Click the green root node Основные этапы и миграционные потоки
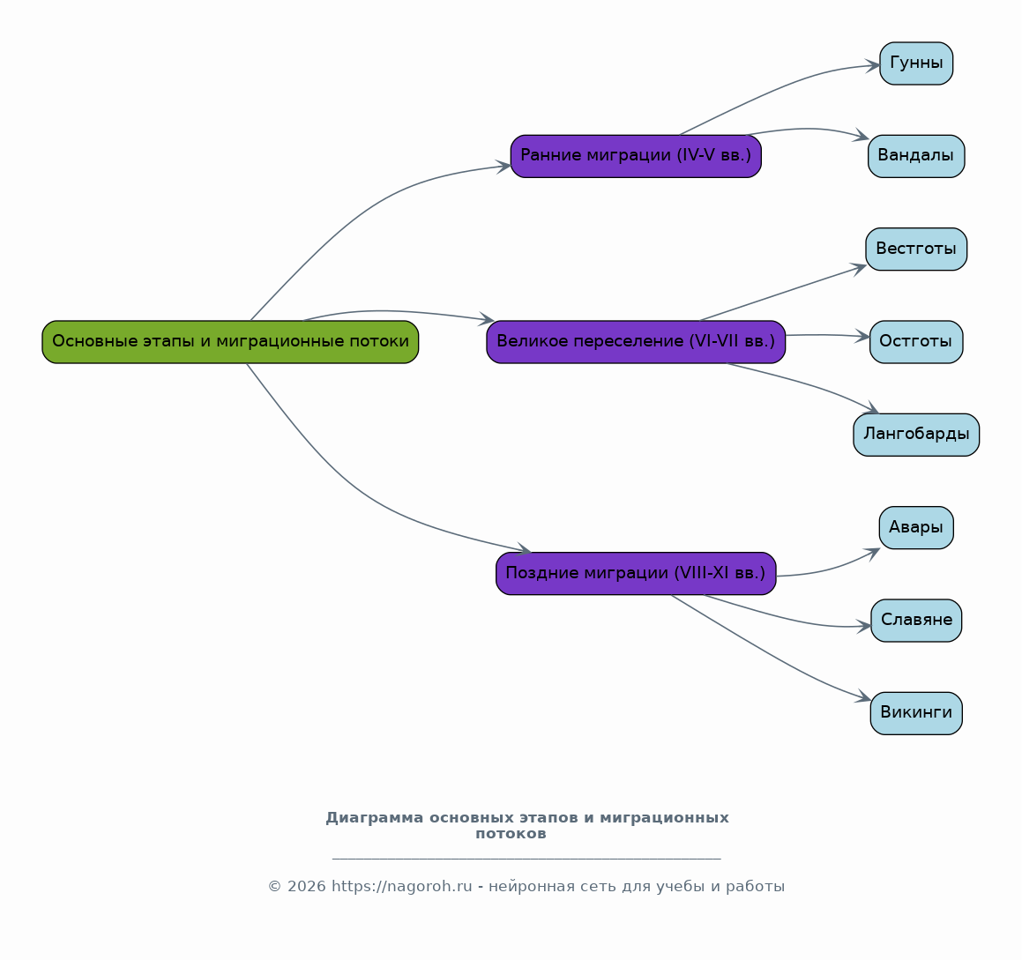230,341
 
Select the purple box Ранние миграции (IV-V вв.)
636,156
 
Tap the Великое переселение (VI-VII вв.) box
636,341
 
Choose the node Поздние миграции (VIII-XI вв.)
636,574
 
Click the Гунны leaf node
916,63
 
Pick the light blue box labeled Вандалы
916,156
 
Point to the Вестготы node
916,249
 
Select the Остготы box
916,341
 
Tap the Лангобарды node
916,435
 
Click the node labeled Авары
916,527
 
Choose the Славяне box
916,621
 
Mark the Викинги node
916,713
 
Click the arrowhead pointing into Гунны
873,65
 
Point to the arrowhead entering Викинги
864,696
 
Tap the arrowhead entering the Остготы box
862,336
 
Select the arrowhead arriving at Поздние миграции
524,548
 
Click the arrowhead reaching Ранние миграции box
504,167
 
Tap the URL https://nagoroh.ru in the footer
401,887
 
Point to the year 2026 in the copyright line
306,887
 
